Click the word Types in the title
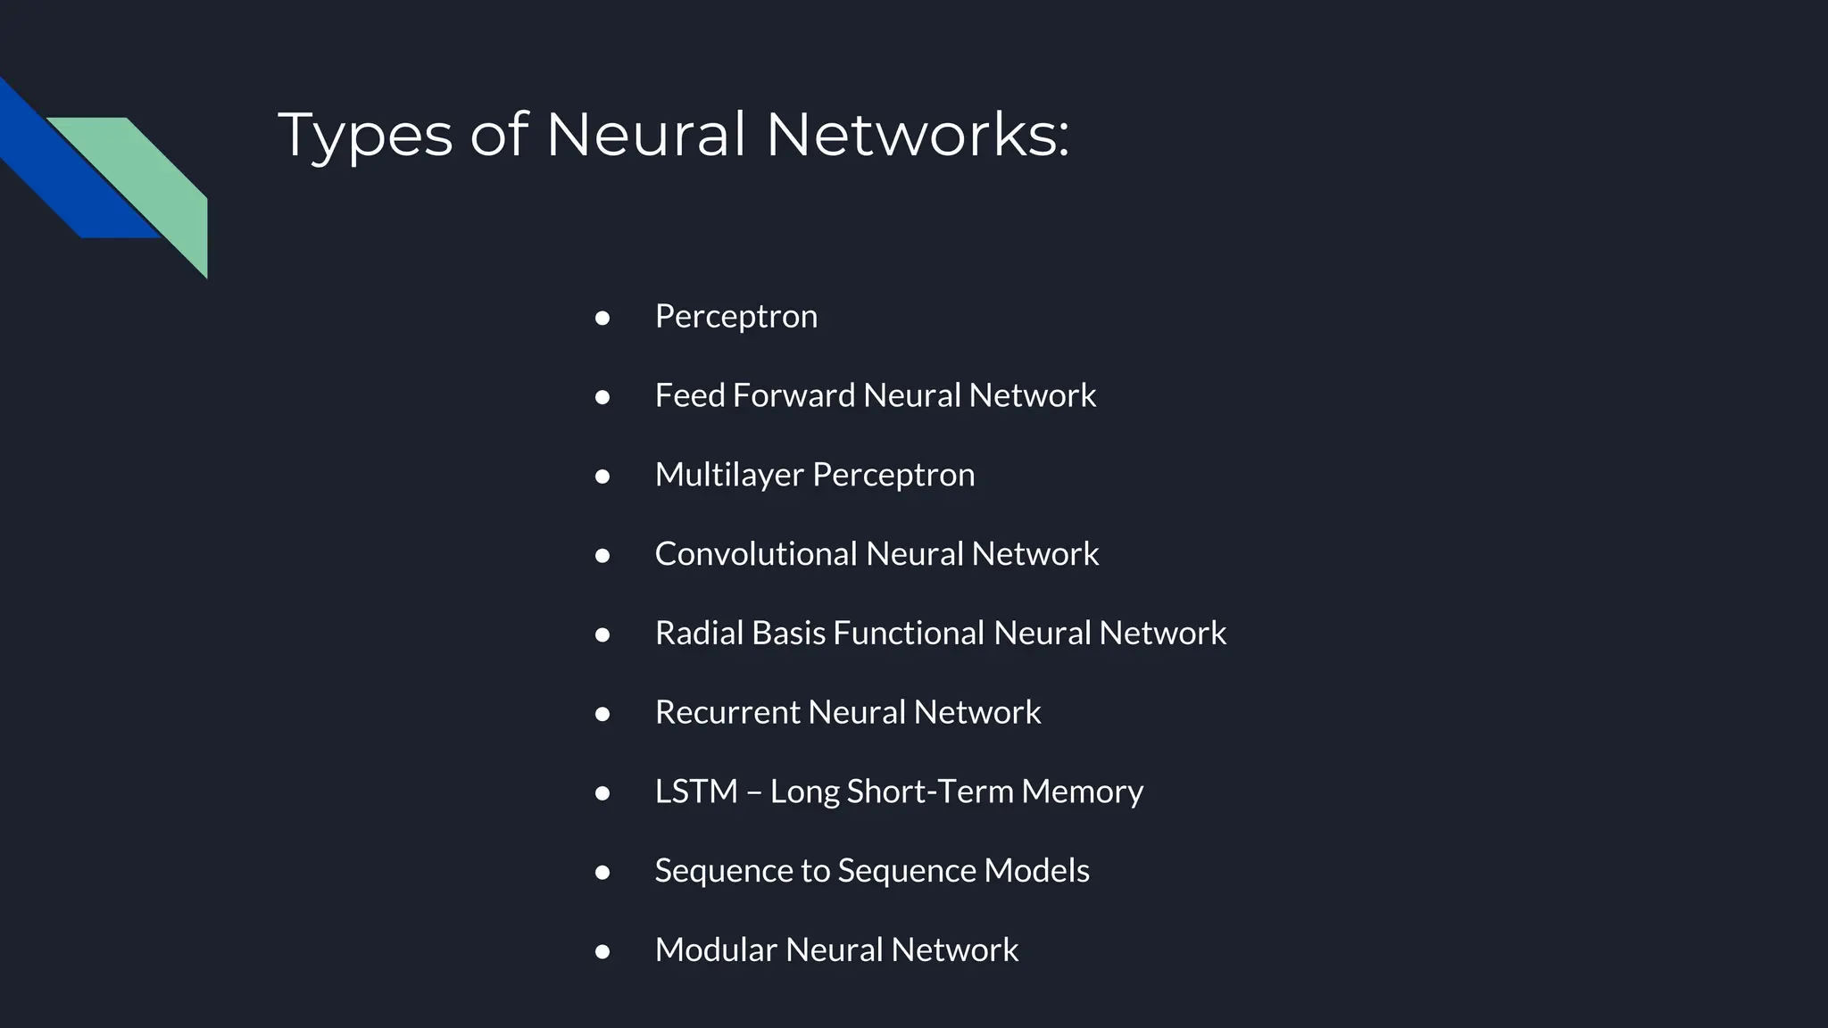365,136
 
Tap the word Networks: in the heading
917,136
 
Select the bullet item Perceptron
735,317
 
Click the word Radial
699,634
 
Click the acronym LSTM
696,792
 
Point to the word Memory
1082,792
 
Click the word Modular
716,950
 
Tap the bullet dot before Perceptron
602,318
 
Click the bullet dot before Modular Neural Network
602,951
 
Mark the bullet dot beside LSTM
602,793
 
